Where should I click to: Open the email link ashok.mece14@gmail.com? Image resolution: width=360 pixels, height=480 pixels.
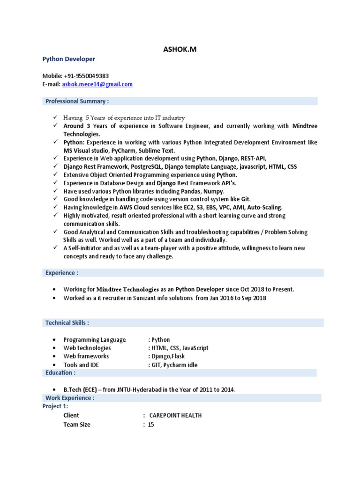tap(97, 84)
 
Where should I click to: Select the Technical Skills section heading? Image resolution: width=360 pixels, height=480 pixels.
tap(67, 323)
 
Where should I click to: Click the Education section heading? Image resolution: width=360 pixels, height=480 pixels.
tap(60, 373)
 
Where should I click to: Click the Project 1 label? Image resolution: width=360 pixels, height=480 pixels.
tap(55, 406)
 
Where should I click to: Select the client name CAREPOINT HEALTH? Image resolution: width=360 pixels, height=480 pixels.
tap(175, 415)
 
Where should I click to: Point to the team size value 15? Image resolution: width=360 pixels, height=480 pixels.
tap(150, 425)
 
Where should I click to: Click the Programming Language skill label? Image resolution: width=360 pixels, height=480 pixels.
tap(95, 340)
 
